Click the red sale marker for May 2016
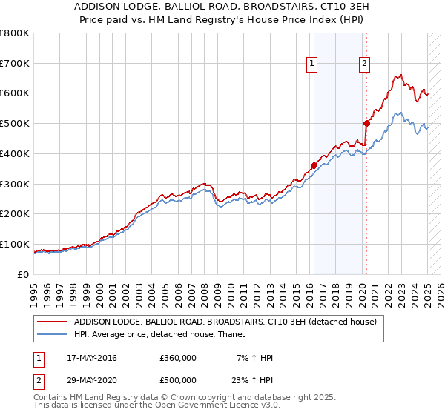(x=314, y=165)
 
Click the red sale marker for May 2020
(x=366, y=123)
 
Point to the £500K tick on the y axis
(x=15, y=124)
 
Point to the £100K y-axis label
(x=15, y=244)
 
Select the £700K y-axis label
(x=15, y=64)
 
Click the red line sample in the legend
(x=53, y=322)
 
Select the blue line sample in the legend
(x=53, y=334)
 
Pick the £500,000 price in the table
(x=178, y=382)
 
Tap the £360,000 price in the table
(x=178, y=359)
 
